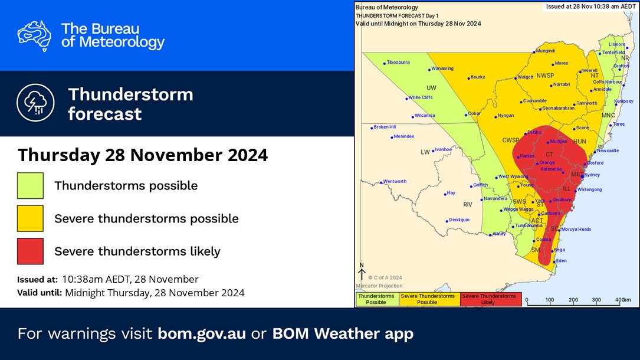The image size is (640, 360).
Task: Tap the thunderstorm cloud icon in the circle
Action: coord(35,103)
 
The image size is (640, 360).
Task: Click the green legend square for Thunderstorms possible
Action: coord(30,185)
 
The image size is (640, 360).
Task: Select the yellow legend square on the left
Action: coord(30,218)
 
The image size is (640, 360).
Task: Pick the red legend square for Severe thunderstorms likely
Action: coord(30,251)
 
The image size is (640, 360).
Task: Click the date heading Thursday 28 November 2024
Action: coord(143,155)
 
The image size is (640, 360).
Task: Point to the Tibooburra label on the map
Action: coord(398,62)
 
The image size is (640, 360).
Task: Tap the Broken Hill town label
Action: coord(385,127)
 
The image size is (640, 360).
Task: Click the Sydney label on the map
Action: coord(592,175)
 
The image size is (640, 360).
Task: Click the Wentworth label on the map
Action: coord(395,181)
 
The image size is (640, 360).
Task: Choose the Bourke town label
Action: coord(477,77)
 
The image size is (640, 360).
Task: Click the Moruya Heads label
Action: coord(576,229)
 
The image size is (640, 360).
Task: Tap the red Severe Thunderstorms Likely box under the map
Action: coord(488,299)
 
